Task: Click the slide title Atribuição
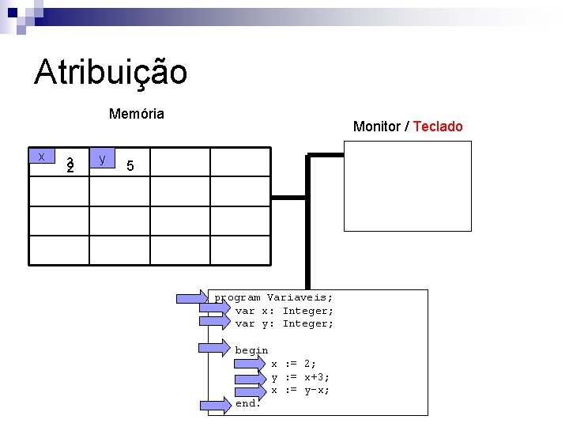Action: pos(111,73)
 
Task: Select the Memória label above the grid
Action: pos(137,114)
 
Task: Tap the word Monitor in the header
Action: pos(376,127)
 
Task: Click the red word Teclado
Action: pos(438,127)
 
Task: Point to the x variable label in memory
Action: pos(41,157)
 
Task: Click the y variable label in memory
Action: pos(103,158)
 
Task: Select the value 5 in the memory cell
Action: pos(130,166)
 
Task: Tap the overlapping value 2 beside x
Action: pos(70,166)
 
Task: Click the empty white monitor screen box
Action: pos(407,186)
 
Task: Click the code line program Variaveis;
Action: pos(273,298)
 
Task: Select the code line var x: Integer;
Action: pos(284,311)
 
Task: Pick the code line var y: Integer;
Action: pos(284,323)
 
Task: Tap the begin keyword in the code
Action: pos(251,350)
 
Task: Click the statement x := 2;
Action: pos(294,364)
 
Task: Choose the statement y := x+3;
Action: pos(300,377)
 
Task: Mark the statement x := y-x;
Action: pos(300,390)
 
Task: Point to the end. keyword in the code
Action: pos(247,403)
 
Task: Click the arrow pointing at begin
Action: pos(213,347)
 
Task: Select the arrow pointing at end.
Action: pos(213,405)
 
